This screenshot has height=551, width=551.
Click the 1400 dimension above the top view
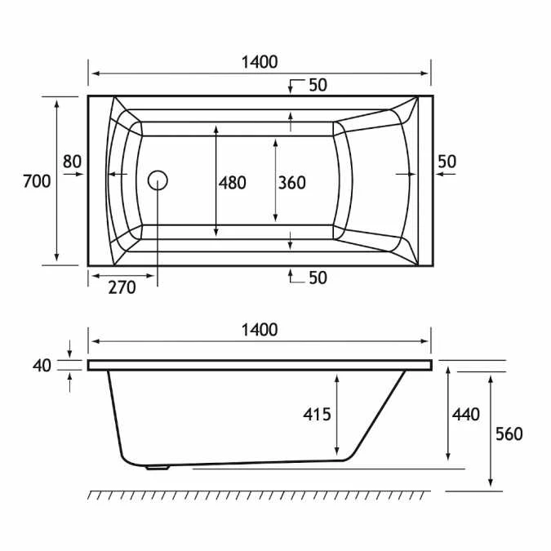pos(260,62)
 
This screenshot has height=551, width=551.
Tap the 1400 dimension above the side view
pos(260,330)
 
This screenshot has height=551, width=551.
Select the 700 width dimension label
pos(37,182)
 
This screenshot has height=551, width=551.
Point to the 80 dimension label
pos(73,162)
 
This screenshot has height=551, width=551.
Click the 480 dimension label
pos(233,183)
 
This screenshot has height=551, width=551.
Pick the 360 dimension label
pos(292,183)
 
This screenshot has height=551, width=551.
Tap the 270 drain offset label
pos(122,288)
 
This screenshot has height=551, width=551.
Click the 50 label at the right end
pos(447,162)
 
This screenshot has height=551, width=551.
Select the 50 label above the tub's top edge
pos(318,85)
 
